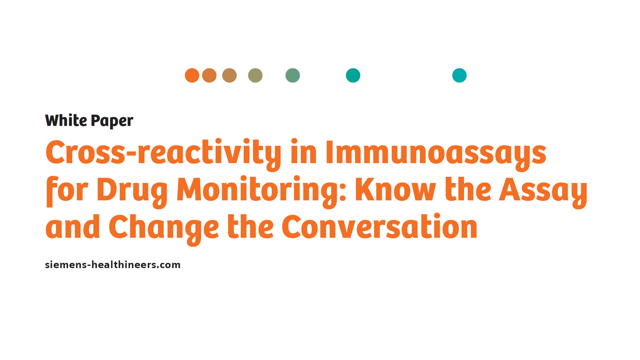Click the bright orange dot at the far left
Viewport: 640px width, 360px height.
pyautogui.click(x=192, y=76)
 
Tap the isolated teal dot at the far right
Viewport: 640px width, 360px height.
pyautogui.click(x=459, y=76)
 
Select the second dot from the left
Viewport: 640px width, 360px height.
pyautogui.click(x=209, y=76)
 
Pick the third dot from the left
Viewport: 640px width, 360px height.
pyautogui.click(x=229, y=76)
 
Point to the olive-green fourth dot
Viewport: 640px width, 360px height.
pyautogui.click(x=255, y=76)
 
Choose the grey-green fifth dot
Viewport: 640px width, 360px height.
pyautogui.click(x=293, y=76)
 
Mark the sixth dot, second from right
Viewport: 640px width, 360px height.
pyautogui.click(x=353, y=76)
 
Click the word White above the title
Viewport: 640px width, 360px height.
pyautogui.click(x=66, y=120)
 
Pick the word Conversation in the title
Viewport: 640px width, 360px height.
pyautogui.click(x=379, y=227)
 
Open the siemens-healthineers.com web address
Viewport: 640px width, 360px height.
pyautogui.click(x=113, y=265)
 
